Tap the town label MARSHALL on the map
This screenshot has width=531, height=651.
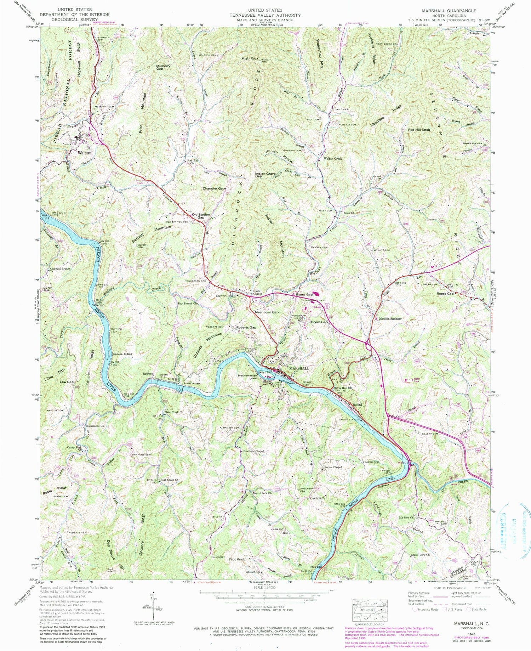(299, 368)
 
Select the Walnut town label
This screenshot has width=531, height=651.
(84, 153)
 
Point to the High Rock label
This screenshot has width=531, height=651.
(250, 58)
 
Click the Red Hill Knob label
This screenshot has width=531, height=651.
(419, 130)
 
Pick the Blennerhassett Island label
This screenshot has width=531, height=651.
(248, 377)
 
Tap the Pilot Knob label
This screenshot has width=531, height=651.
(237, 559)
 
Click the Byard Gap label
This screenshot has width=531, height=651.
(304, 295)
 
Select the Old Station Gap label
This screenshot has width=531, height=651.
(201, 216)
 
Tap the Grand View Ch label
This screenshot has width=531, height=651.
(420, 555)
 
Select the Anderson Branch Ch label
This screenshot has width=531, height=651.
(60, 270)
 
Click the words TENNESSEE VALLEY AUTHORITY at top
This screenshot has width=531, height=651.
(265, 15)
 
